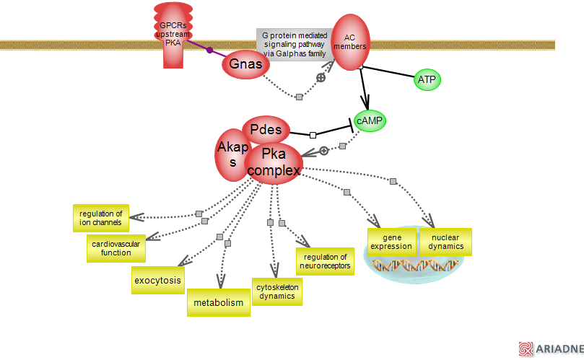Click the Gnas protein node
245,64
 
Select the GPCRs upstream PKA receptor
173,35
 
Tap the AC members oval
350,43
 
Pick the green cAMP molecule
370,121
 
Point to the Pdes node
266,131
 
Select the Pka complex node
274,163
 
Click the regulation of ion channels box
100,218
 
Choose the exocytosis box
157,280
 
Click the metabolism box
219,303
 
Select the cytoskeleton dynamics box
276,291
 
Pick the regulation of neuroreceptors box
325,261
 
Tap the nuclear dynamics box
445,242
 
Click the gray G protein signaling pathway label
294,45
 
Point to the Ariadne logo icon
526,349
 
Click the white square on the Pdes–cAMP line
313,135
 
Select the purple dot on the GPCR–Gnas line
210,51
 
